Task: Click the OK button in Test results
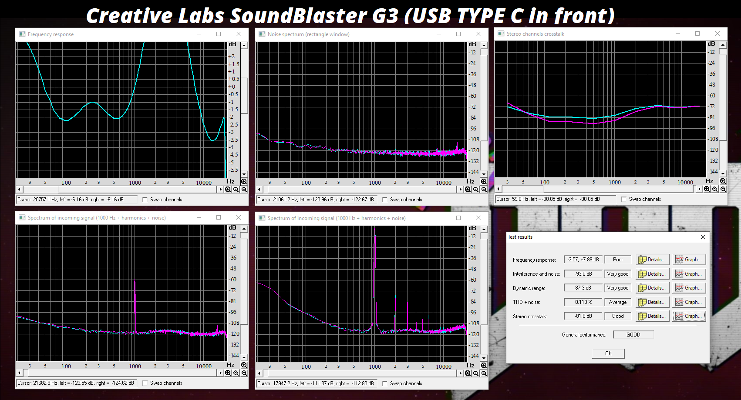608,353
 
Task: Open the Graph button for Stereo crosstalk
689,316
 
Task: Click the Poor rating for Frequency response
618,260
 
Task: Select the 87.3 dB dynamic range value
583,288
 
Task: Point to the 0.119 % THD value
583,302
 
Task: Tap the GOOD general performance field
633,335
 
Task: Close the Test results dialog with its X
703,237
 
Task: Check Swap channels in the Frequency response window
145,200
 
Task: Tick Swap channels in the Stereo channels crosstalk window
624,199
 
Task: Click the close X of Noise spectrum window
478,34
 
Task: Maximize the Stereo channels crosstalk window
697,33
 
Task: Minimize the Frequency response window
199,34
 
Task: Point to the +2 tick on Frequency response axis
232,57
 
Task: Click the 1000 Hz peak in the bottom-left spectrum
135,281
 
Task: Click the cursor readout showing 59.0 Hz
548,199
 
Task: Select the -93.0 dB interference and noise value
583,274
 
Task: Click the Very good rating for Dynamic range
618,288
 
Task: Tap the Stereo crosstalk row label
529,317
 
